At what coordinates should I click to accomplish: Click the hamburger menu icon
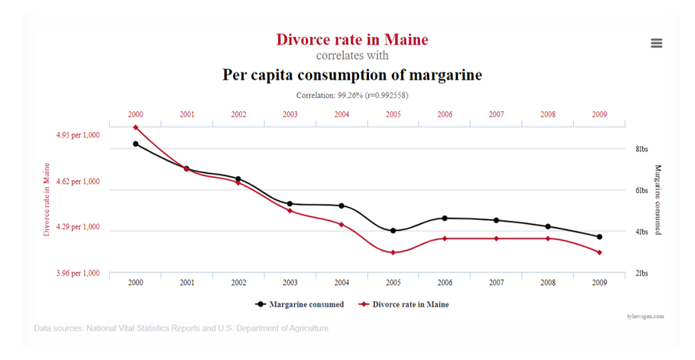click(x=656, y=43)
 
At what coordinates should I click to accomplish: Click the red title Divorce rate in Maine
click(x=352, y=39)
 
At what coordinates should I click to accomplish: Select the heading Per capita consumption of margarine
click(x=352, y=74)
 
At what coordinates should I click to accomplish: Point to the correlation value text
click(x=352, y=95)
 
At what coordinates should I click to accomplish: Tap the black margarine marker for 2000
click(x=135, y=144)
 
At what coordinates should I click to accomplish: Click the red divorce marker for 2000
click(x=135, y=127)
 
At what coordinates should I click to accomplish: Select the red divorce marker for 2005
click(x=393, y=252)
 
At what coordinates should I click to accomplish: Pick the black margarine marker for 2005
click(x=393, y=231)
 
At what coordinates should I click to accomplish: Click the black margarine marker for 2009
click(x=599, y=237)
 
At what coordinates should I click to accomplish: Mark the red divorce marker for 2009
click(x=599, y=252)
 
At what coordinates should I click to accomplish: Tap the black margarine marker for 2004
click(x=341, y=205)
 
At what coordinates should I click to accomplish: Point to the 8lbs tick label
click(x=641, y=149)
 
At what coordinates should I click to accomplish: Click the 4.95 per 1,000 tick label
click(x=78, y=135)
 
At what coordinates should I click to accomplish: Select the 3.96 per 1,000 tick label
click(x=78, y=273)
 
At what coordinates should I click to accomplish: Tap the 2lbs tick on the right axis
click(x=641, y=273)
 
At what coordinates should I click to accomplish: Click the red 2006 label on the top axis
click(x=445, y=114)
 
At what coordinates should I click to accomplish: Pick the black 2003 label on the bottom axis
click(x=290, y=282)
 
